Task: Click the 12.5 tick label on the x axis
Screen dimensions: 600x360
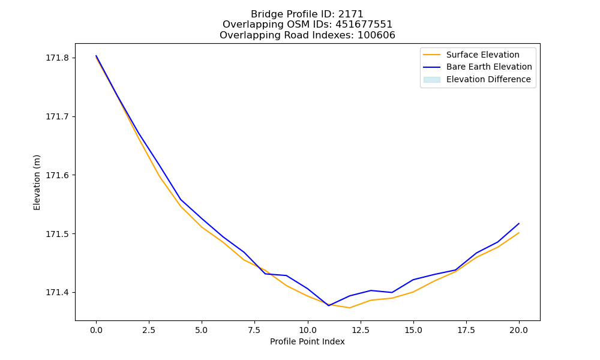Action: (x=361, y=330)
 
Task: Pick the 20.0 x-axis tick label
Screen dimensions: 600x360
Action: (x=519, y=330)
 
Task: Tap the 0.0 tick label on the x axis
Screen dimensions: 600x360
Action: (x=96, y=330)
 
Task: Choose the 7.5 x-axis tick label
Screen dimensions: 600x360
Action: (x=255, y=330)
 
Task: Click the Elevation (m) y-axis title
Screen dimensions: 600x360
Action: (x=37, y=182)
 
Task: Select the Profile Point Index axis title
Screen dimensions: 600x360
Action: (x=307, y=341)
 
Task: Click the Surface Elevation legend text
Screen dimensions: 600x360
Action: (x=483, y=55)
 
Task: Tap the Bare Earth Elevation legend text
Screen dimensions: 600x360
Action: (x=489, y=67)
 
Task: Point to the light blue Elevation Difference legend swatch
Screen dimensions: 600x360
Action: (x=431, y=80)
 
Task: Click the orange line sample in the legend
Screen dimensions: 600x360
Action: (x=431, y=55)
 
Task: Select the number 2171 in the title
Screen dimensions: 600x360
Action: (x=350, y=14)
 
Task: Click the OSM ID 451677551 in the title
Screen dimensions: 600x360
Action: (x=364, y=25)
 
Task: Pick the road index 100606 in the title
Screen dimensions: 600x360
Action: (x=376, y=35)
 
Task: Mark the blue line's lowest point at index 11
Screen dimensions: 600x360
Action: (x=329, y=305)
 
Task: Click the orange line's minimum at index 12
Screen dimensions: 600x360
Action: (x=350, y=308)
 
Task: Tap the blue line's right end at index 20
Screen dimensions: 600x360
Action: (x=519, y=223)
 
